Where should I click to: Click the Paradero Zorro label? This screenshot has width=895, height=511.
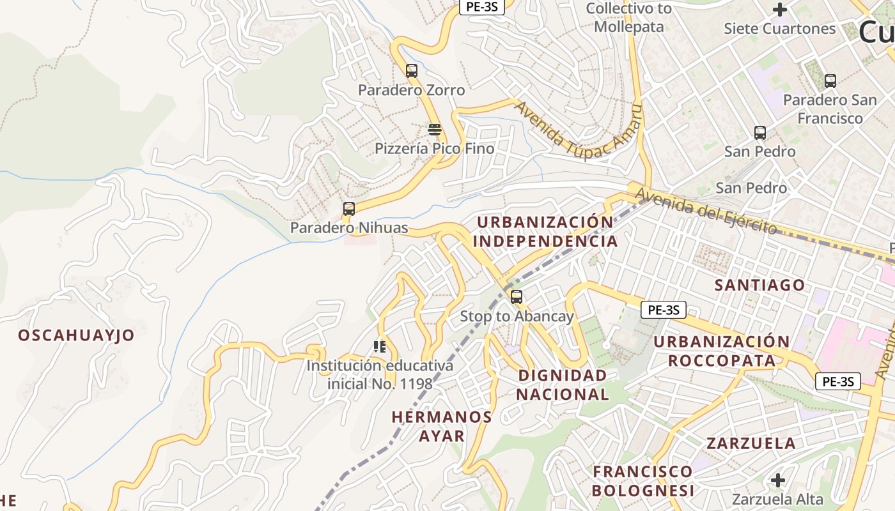411,90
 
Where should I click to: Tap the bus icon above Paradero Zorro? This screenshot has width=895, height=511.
412,71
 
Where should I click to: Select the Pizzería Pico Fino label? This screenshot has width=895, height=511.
434,149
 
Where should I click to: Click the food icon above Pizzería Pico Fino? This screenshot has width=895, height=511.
435,130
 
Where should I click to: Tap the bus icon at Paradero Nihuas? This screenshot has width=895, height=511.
349,209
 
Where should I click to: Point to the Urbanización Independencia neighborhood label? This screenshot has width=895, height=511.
545,232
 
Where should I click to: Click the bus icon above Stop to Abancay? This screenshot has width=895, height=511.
517,297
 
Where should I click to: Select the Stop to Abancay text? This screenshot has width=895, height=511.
517,317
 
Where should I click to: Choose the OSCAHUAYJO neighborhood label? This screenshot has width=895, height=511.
76,335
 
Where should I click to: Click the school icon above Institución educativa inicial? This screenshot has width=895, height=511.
380,347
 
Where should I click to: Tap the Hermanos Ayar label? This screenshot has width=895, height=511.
442,427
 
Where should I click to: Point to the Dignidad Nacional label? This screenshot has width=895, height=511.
563,385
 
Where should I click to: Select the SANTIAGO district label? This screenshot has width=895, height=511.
759,285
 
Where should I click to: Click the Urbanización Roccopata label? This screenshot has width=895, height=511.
721,351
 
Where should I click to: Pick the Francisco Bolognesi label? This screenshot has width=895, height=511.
642,481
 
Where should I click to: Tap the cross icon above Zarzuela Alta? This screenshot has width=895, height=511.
778,480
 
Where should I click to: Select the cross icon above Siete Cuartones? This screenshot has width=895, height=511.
779,10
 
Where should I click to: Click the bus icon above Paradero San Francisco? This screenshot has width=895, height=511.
830,81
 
